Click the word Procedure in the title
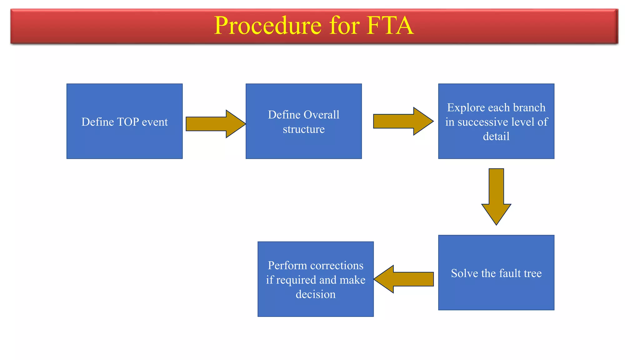pos(267,26)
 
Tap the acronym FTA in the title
pos(390,26)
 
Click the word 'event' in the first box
pos(155,122)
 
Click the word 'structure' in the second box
pos(303,129)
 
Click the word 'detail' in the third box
pos(496,136)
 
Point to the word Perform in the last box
pos(287,265)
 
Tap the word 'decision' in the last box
pos(315,294)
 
